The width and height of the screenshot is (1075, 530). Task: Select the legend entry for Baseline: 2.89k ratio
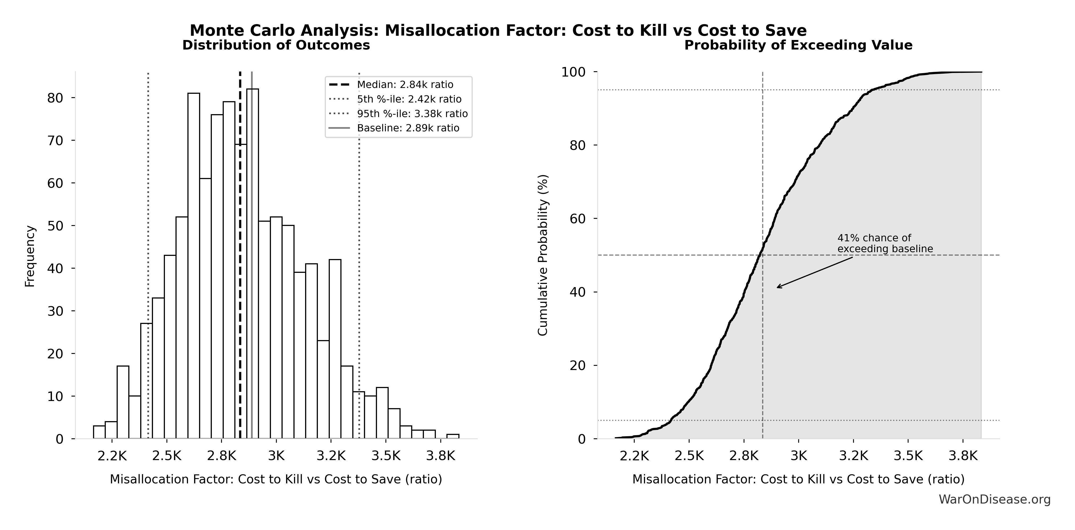[408, 128]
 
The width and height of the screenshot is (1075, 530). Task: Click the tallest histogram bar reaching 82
[252, 263]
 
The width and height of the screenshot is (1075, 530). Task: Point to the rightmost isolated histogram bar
[453, 436]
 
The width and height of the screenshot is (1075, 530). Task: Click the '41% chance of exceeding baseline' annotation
[885, 243]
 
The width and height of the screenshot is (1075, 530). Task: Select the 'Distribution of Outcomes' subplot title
[276, 45]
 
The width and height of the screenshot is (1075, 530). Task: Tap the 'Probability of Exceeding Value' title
[798, 45]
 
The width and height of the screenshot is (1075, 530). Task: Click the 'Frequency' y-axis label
[30, 256]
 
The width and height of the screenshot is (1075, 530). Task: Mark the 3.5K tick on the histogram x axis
[386, 456]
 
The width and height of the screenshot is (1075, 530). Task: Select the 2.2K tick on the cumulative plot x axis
[634, 456]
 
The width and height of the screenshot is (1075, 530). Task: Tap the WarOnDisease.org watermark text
[994, 499]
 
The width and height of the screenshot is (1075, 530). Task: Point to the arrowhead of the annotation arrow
[778, 287]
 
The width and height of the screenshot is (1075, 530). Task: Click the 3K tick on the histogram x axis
[276, 456]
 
